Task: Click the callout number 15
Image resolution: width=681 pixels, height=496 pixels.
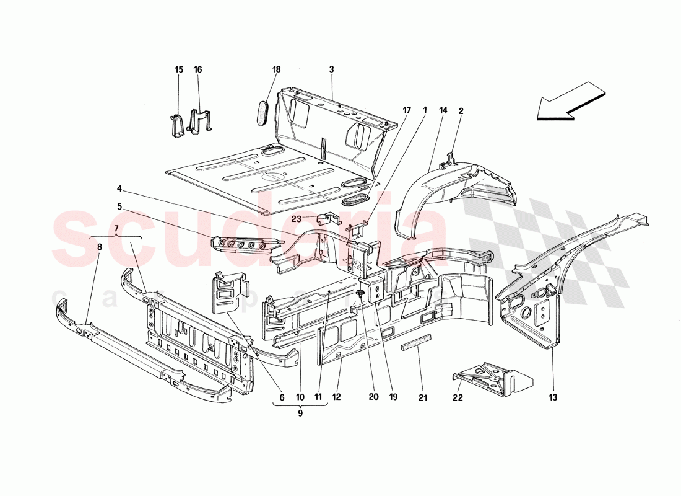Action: [x=179, y=70]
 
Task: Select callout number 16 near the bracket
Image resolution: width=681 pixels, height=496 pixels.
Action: [x=198, y=70]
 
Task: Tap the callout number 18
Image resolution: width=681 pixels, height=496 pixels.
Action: [x=277, y=70]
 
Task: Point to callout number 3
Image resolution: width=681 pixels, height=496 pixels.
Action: [x=331, y=70]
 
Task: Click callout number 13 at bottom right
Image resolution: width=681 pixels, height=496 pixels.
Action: [x=551, y=397]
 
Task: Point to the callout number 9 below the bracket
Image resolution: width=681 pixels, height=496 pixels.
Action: [x=300, y=413]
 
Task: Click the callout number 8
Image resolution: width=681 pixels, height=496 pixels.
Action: [x=99, y=247]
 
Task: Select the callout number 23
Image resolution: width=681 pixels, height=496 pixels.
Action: [x=297, y=218]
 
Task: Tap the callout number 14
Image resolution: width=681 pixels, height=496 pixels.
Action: [x=443, y=111]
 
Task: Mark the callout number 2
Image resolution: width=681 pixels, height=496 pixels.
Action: [x=461, y=111]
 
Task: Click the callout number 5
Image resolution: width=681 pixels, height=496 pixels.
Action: [x=119, y=206]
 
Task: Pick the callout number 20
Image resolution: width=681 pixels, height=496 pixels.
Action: [x=372, y=397]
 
